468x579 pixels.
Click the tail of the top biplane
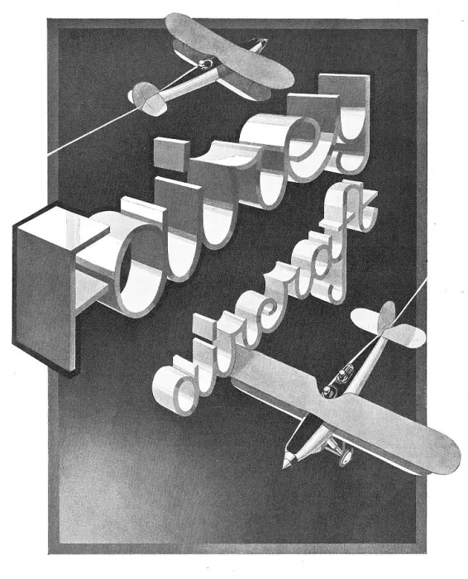click(x=147, y=98)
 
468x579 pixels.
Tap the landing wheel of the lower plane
click(x=346, y=458)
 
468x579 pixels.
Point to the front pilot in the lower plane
click(x=327, y=391)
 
